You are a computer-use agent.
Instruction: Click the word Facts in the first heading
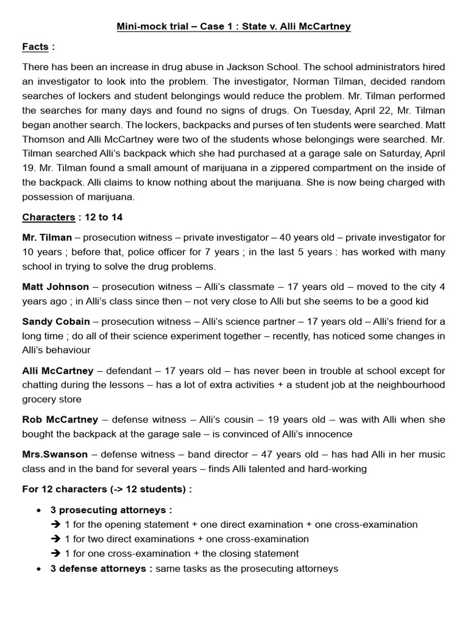pos(35,47)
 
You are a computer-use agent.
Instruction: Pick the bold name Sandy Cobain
pos(56,321)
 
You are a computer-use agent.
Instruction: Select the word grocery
pos(41,400)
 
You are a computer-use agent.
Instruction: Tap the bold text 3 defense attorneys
pos(101,569)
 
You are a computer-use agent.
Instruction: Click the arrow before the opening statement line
pos(56,525)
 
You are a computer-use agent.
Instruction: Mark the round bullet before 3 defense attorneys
pos(40,569)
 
